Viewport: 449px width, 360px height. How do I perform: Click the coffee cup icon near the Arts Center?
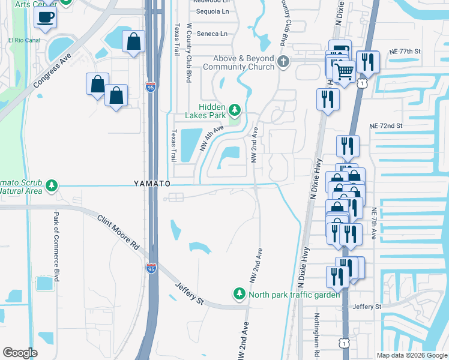click(46, 18)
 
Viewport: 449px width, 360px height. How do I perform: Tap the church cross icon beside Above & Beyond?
click(283, 61)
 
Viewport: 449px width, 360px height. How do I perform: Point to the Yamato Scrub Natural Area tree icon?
click(53, 185)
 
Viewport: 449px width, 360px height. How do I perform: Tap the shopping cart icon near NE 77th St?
click(344, 73)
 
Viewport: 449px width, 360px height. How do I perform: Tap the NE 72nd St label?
click(385, 126)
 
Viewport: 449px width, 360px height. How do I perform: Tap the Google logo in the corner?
click(20, 352)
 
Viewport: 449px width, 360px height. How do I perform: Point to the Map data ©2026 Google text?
click(411, 355)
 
